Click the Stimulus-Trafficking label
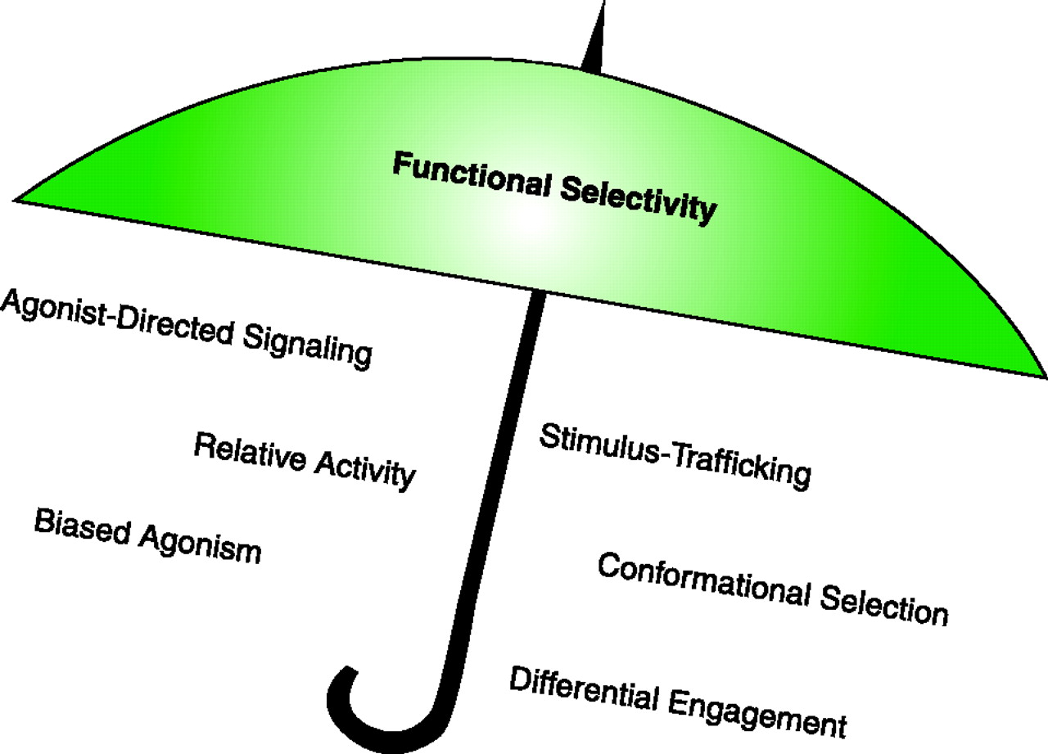[x=675, y=455]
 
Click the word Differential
[x=584, y=689]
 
